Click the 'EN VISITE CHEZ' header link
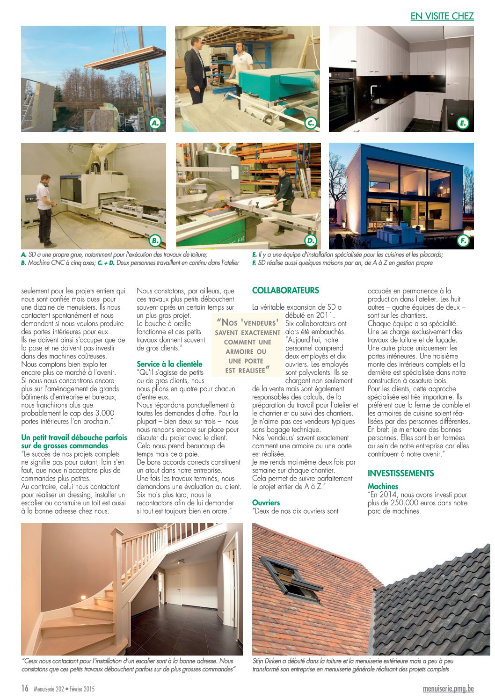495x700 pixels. point(442,16)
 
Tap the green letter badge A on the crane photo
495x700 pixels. point(155,124)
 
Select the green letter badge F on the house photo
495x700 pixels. point(463,241)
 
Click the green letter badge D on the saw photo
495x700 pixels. point(311,241)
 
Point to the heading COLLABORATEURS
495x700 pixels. point(285,291)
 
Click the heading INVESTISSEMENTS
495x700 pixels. point(400,474)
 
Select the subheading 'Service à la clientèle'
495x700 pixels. point(169,364)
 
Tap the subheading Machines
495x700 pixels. point(383,487)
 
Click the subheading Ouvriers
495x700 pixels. point(266,503)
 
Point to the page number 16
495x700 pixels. point(25,688)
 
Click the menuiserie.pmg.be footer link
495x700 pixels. point(448,689)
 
